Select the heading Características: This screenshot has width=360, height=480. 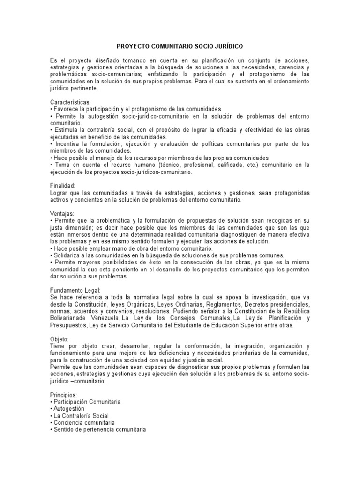tap(70, 102)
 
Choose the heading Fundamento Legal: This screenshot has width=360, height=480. tap(75, 289)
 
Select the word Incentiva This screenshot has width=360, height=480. tap(68, 143)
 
